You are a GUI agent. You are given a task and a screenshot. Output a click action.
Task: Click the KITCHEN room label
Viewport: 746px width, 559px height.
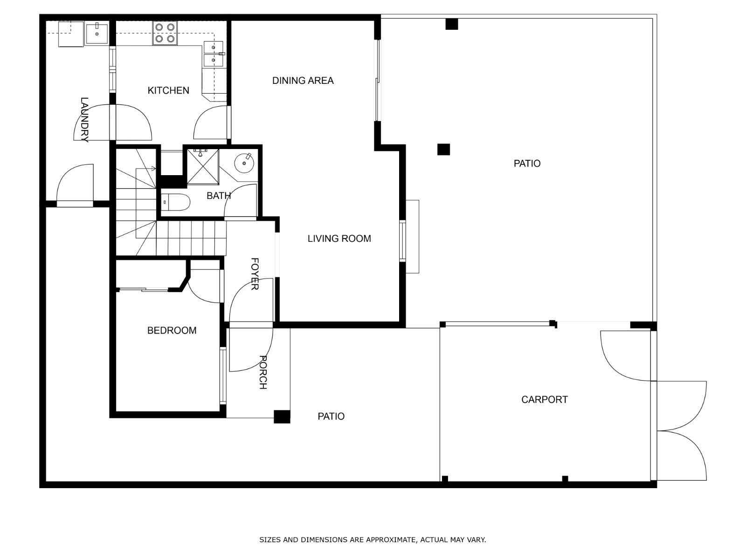[x=168, y=90]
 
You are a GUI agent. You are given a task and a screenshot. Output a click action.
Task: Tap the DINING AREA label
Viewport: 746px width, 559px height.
[x=303, y=81]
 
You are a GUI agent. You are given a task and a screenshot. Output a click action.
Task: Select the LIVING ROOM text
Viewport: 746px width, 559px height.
[x=339, y=239]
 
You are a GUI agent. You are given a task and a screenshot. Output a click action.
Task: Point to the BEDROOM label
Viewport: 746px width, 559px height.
[x=172, y=330]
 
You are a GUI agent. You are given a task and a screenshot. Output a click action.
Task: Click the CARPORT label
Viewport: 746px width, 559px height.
[x=545, y=400]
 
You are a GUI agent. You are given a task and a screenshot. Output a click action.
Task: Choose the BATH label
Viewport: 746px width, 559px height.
[x=219, y=196]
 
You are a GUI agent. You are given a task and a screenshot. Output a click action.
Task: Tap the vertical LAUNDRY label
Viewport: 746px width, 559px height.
[x=84, y=119]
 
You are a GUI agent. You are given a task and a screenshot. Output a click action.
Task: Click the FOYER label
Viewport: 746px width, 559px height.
[x=255, y=274]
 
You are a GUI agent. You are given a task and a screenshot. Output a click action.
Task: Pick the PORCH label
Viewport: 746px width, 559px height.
[x=263, y=372]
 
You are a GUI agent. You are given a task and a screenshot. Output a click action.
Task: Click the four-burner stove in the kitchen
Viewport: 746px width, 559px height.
[x=165, y=33]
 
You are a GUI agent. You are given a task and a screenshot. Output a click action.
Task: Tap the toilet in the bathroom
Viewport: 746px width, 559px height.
[x=175, y=202]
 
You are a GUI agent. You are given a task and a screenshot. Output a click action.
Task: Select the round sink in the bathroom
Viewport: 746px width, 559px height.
[x=244, y=163]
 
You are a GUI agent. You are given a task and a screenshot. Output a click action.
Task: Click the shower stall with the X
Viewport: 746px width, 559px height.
[x=202, y=167]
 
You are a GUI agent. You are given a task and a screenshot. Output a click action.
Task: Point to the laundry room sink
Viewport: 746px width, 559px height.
[x=97, y=33]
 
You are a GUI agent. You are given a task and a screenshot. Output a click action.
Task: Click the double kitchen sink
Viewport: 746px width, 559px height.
[x=214, y=54]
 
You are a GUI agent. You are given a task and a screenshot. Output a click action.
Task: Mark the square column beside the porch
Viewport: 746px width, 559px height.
[x=282, y=417]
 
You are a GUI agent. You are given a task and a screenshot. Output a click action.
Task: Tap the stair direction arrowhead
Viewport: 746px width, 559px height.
[x=153, y=169]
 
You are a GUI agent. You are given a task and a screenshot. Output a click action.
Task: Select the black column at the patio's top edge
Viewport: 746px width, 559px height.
[x=452, y=24]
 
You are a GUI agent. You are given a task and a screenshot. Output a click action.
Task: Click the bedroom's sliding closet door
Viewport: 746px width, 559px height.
[x=143, y=289]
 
